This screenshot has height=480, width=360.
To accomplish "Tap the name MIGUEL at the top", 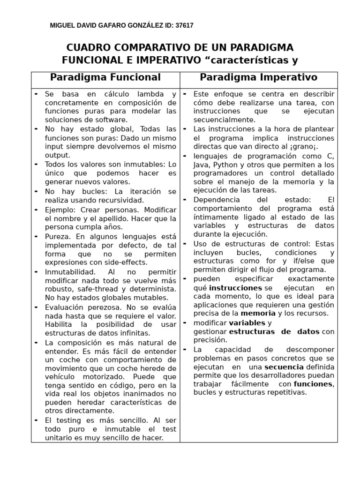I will (62, 26).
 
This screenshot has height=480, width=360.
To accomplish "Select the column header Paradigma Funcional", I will (105, 77).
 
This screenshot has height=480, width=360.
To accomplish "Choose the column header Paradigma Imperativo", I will (258, 77).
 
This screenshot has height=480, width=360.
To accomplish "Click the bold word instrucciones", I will (235, 287).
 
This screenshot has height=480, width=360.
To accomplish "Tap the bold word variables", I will (247, 323).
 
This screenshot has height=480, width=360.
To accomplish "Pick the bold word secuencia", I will (284, 367).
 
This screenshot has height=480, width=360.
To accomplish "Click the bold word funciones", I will (313, 384).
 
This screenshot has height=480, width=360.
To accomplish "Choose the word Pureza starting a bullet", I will (57, 236).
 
